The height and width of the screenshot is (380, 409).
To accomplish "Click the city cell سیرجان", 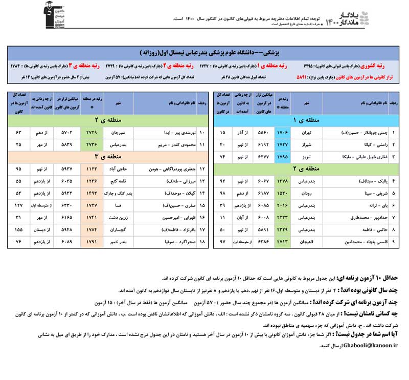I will click(119, 132).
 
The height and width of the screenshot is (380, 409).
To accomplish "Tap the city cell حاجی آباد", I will click(119, 168).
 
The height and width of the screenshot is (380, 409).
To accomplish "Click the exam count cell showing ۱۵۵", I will click(19, 229).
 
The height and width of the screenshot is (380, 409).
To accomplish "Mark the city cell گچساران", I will click(119, 229).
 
